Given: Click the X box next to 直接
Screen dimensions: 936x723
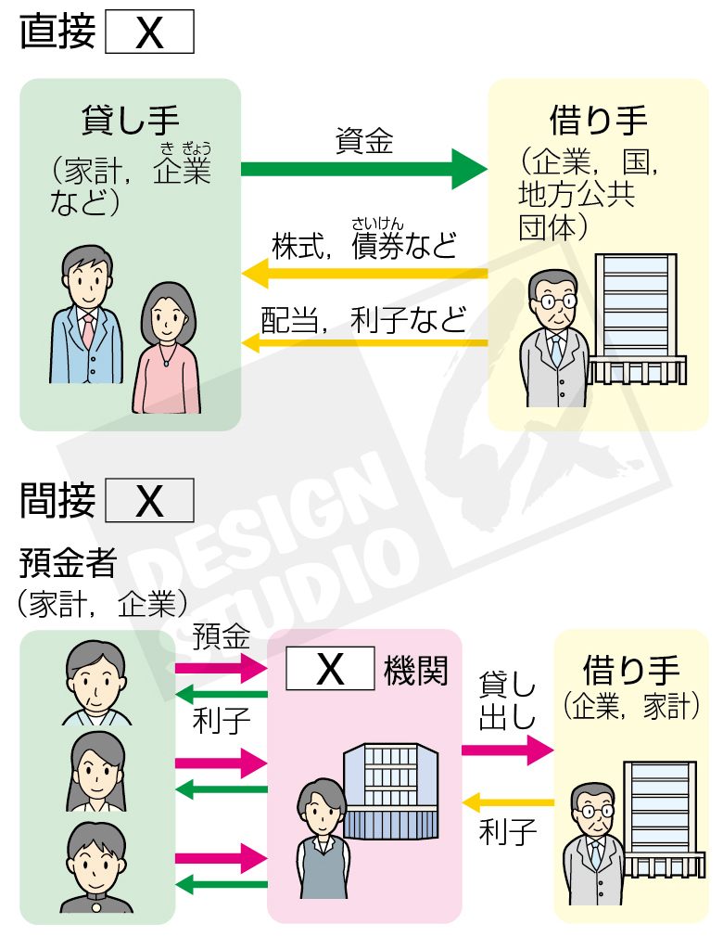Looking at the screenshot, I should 149,33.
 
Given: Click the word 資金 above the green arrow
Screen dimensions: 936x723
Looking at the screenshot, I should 363,141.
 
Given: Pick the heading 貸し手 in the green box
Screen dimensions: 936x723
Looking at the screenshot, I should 131,122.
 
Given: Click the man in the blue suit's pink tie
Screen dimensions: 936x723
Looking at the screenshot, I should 88,330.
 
